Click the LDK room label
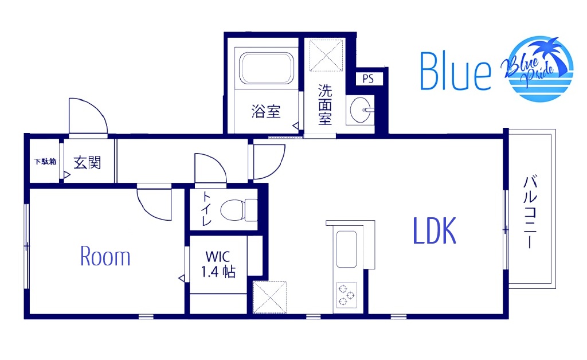[x=435, y=230]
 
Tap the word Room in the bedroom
[x=105, y=257]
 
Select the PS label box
[x=368, y=79]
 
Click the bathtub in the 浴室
[x=266, y=68]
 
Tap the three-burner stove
[x=346, y=295]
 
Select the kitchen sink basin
[x=346, y=249]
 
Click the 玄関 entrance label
[x=87, y=162]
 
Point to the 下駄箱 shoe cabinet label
[x=45, y=162]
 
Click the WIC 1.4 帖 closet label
[x=218, y=264]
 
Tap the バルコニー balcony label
[x=530, y=212]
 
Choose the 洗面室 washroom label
[x=325, y=105]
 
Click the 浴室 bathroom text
[x=266, y=111]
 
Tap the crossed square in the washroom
[x=326, y=56]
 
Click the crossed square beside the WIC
[x=269, y=298]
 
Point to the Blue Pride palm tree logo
[x=537, y=68]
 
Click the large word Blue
[x=455, y=71]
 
